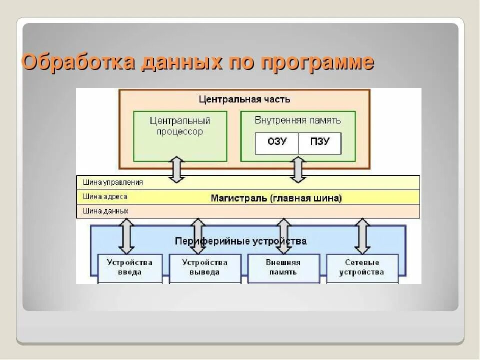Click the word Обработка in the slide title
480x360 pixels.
(x=78, y=62)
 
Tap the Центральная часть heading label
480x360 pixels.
(x=244, y=99)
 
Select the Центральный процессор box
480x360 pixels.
(x=180, y=135)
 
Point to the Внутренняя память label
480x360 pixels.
(x=297, y=120)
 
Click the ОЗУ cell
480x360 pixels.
(x=276, y=142)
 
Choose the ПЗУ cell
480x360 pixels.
(x=319, y=142)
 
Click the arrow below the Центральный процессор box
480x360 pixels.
(x=176, y=169)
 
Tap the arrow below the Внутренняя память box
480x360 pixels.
(x=298, y=169)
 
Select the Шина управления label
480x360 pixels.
(x=112, y=182)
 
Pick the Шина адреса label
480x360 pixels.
(x=105, y=196)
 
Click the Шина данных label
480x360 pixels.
(x=105, y=211)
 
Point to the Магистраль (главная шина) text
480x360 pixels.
(x=276, y=198)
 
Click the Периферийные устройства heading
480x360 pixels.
(x=240, y=241)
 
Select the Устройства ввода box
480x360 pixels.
(x=129, y=267)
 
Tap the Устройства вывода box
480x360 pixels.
(x=204, y=267)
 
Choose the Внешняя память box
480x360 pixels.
(x=283, y=267)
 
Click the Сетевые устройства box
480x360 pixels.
(x=361, y=267)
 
